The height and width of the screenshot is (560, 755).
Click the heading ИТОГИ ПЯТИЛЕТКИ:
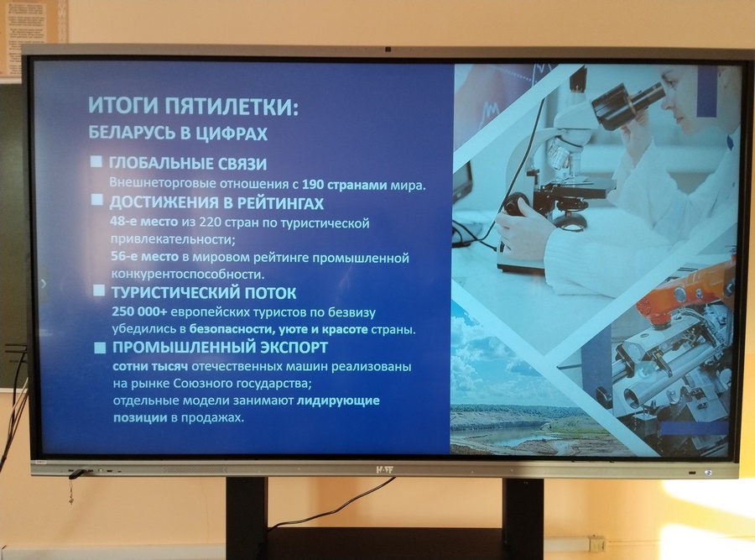tap(193, 106)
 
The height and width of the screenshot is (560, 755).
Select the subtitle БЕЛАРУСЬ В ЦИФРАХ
tap(178, 133)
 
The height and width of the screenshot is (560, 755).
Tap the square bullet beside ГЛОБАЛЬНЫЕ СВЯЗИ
tap(96, 161)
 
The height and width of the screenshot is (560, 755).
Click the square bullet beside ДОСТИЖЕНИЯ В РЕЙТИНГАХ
tap(97, 200)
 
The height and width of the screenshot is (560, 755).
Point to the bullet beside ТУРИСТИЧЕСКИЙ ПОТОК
tap(99, 290)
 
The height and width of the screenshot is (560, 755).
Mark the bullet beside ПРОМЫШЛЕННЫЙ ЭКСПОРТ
tap(100, 348)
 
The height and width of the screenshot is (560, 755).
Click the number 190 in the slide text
tap(313, 185)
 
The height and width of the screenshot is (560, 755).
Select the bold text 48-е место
tap(144, 222)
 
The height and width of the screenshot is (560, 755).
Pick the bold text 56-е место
tap(144, 256)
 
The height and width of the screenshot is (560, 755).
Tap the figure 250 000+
tap(139, 311)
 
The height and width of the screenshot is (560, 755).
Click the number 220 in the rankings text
tap(210, 222)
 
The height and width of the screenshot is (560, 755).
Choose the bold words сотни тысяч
tap(150, 366)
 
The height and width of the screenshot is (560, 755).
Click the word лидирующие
tap(338, 400)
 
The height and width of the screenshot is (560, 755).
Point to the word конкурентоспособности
tap(188, 275)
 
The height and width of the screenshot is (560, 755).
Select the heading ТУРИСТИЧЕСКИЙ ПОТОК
tap(204, 292)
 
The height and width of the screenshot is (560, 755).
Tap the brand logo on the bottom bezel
tap(384, 469)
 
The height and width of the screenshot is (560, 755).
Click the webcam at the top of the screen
tap(388, 50)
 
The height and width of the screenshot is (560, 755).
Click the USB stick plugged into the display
tap(77, 474)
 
